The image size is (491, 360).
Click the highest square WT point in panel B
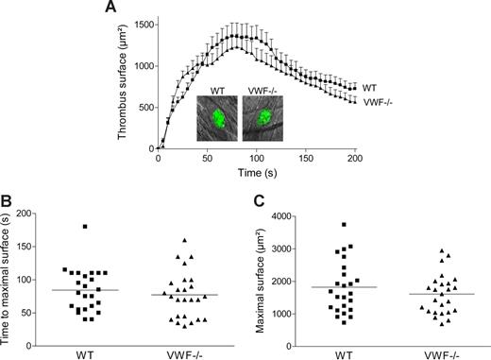(x=84, y=227)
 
